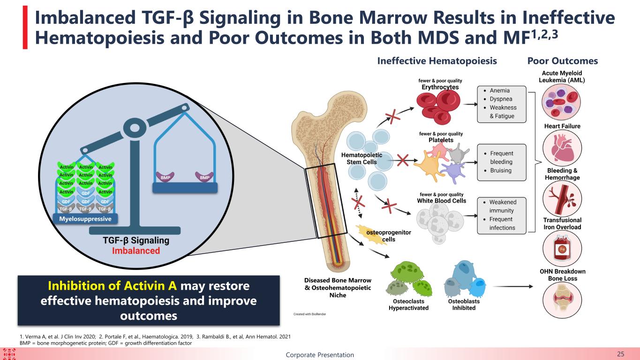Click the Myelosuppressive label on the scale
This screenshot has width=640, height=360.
pyautogui.click(x=85, y=219)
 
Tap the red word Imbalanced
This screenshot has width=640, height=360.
pyautogui.click(x=136, y=251)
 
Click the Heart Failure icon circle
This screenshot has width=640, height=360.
pyautogui.click(x=562, y=148)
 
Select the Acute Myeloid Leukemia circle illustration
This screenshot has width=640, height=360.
pyautogui.click(x=561, y=102)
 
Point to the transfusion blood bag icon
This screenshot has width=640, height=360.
pyautogui.click(x=562, y=248)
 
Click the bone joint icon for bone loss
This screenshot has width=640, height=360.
pyautogui.click(x=562, y=300)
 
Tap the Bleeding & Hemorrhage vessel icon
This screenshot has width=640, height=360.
pyautogui.click(x=562, y=199)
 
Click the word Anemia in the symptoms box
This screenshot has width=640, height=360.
pyautogui.click(x=500, y=90)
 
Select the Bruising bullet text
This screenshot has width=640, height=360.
pyautogui.click(x=501, y=171)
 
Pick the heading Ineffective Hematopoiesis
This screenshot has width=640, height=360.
pyautogui.click(x=437, y=61)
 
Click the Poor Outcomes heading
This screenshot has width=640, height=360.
pyautogui.click(x=563, y=61)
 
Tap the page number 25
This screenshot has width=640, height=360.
pyautogui.click(x=621, y=354)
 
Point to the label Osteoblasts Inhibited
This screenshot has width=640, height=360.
pyautogui.click(x=464, y=305)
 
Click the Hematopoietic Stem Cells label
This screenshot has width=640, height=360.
pyautogui.click(x=361, y=158)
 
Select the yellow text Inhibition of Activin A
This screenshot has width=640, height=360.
pyautogui.click(x=112, y=286)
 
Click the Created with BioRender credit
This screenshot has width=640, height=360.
pyautogui.click(x=309, y=314)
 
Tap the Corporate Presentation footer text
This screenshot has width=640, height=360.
pyautogui.click(x=320, y=355)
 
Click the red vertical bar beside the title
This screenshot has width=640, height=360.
pyautogui.click(x=25, y=28)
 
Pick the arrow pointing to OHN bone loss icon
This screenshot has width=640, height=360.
pyautogui.click(x=513, y=286)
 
